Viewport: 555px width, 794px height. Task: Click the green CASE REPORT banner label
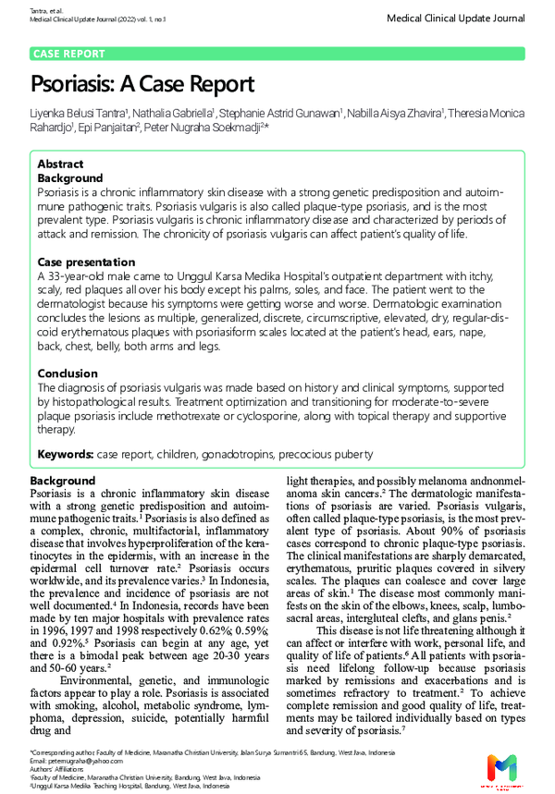(69, 55)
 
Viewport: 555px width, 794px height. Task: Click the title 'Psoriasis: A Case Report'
(142, 85)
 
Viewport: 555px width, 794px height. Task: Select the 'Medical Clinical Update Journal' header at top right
(456, 18)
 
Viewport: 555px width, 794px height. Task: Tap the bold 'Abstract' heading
(60, 164)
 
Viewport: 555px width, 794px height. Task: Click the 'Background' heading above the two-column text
(62, 482)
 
